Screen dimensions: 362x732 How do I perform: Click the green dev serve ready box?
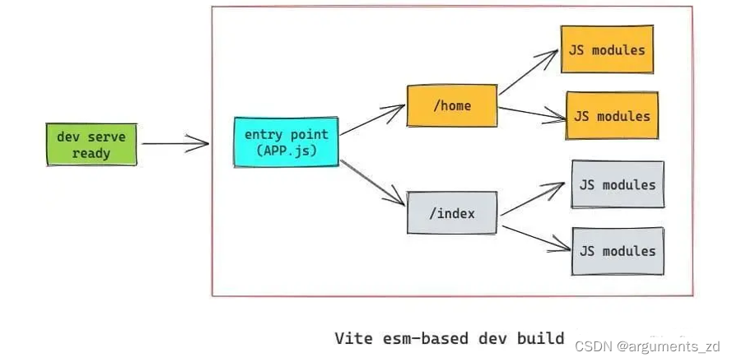[91, 144]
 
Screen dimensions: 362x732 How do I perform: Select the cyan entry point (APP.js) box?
[286, 142]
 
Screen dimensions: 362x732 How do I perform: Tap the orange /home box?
[451, 105]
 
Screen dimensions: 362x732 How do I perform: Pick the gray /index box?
[452, 214]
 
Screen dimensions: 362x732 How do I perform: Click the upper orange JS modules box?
[607, 49]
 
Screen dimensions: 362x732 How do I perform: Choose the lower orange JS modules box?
[612, 116]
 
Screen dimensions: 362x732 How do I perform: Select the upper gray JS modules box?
[618, 184]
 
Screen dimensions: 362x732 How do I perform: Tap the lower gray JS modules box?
[618, 251]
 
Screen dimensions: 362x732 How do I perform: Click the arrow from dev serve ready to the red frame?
[175, 144]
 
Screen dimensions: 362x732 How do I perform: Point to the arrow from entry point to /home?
[372, 118]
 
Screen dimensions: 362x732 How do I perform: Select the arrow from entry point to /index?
[372, 182]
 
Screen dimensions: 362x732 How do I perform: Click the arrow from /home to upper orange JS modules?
[528, 72]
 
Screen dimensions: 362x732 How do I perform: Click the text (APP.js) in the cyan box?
[286, 151]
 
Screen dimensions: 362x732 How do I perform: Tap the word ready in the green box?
[91, 153]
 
